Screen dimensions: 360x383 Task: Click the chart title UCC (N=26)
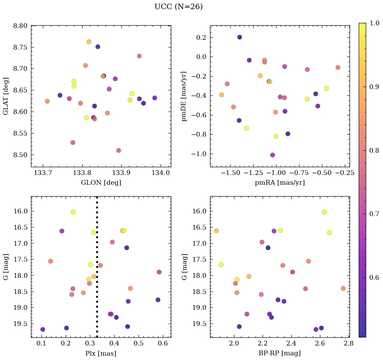178,7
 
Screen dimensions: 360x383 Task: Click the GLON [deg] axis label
101,183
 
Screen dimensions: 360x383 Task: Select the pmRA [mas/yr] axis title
280,183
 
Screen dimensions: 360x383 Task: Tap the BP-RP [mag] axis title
280,353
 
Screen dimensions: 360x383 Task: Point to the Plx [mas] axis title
101,353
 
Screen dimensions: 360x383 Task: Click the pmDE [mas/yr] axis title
184,96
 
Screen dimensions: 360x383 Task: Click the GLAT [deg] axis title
6,96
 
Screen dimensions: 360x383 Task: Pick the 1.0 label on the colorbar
374,23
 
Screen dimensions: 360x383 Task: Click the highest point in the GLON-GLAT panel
89,42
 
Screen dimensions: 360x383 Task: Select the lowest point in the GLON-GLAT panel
118,150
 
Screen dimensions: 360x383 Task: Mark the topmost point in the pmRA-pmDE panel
239,37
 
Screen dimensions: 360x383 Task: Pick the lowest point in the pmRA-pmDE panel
272,155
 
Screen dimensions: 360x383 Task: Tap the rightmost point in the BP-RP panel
343,289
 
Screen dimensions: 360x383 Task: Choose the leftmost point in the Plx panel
42,329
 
